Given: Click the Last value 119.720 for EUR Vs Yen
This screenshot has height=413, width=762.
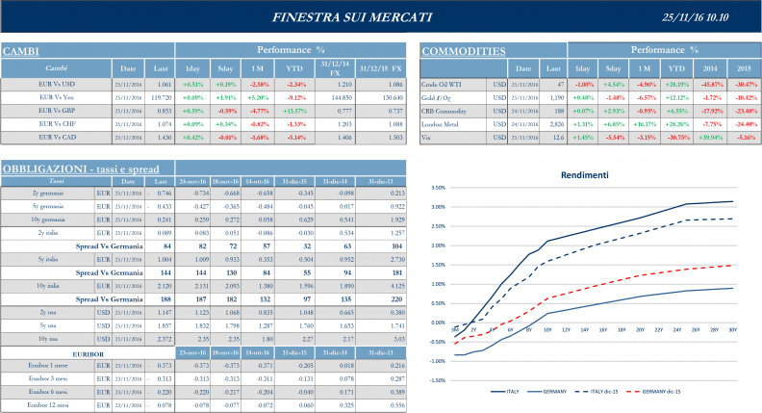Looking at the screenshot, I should pos(159,97).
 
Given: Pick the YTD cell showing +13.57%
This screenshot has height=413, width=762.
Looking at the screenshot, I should pos(296,111).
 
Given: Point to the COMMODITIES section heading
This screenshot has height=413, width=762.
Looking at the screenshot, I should pos(465,50).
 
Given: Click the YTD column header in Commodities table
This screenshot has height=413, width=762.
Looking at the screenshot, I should pos(677,68).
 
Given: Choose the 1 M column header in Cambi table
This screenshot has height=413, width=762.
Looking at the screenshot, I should pos(257,68).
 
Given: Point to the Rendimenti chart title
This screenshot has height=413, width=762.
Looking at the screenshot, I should pos(585,174).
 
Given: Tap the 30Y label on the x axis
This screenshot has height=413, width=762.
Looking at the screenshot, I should pos(733,330).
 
